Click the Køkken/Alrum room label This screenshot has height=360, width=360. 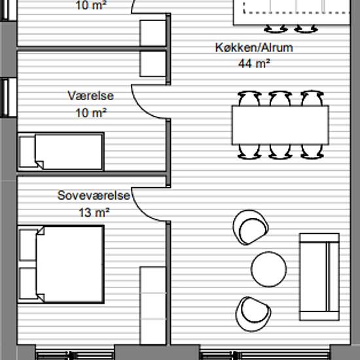coord(254,48)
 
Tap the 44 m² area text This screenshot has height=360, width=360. coord(254,63)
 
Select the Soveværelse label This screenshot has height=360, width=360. coord(94,196)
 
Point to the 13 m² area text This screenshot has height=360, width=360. coord(94,212)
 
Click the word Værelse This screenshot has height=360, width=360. coord(91,96)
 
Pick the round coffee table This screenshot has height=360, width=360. coord(269,269)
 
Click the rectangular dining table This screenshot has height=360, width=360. coord(280,125)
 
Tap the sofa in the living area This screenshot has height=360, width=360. coord(319,277)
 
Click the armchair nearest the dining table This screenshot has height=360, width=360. coord(250,227)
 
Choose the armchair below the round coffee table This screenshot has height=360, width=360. coord(253,314)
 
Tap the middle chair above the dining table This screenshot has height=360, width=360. coord(280,98)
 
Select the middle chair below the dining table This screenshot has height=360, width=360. coord(280,152)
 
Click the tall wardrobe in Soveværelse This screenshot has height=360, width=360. coord(153,306)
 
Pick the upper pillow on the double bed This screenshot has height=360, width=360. coord(28,245)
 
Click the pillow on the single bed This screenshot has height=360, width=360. coord(27,152)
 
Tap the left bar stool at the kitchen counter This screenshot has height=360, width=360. coord(276,29)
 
